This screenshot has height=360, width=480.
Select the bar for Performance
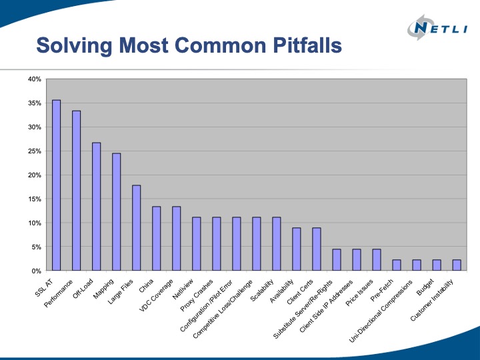coord(76,191)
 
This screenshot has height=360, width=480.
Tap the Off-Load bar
coord(96,207)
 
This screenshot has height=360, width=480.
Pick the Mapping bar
coord(116,212)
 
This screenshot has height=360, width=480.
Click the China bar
coord(156,239)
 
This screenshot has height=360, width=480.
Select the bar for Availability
coord(296,249)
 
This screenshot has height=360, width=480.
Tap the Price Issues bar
coord(376,260)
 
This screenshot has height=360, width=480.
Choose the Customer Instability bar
coord(456,265)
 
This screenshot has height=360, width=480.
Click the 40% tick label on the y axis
coord(34,79)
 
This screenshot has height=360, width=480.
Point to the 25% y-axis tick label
coord(34,151)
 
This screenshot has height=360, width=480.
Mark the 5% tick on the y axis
coord(36,247)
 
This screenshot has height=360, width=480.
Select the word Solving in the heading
coord(69,46)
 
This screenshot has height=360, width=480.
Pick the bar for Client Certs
coord(316,249)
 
